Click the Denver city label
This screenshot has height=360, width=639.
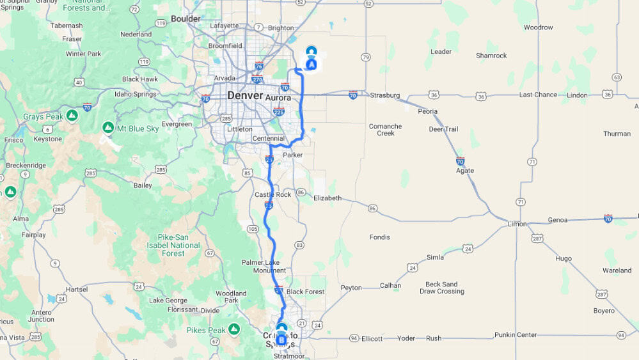coord(245,96)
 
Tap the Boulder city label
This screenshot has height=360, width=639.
coord(185,19)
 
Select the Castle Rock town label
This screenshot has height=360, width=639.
coord(272,194)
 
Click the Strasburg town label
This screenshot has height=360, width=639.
coord(385,96)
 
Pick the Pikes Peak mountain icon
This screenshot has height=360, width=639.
coord(234,329)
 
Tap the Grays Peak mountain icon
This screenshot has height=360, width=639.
coord(72,116)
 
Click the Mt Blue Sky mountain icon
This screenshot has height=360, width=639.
coord(107,128)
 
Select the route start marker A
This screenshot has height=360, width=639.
coord(312,64)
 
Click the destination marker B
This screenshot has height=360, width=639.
coord(281,338)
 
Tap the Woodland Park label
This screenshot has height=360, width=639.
coord(231,297)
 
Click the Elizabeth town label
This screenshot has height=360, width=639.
coord(327,198)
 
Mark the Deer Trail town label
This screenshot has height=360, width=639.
coord(443,129)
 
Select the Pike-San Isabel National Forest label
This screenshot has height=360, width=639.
coord(173,246)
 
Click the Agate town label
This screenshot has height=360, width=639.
coord(465,171)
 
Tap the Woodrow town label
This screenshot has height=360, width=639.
coord(538,27)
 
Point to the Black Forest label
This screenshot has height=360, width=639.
coord(305,292)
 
